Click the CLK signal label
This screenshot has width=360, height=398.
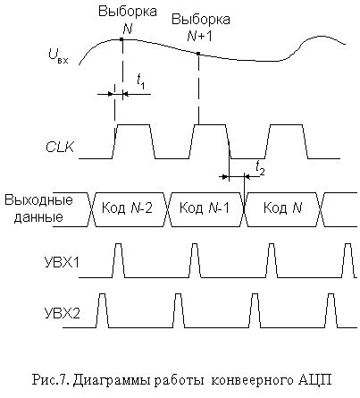pyautogui.click(x=60, y=148)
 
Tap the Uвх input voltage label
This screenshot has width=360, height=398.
pyautogui.click(x=58, y=57)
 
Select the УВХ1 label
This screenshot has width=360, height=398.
pyautogui.click(x=62, y=263)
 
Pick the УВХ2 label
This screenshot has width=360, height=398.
pyautogui.click(x=63, y=313)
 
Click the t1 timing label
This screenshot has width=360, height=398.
pyautogui.click(x=140, y=81)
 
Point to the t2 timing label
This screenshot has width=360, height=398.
pyautogui.click(x=260, y=169)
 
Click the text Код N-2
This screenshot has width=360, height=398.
pyautogui.click(x=127, y=207)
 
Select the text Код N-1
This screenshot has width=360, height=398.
pyautogui.click(x=205, y=207)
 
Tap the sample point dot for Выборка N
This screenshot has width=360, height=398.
pyautogui.click(x=121, y=39)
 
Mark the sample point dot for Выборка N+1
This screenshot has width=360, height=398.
pyautogui.click(x=198, y=54)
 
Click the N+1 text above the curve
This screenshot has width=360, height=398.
pyautogui.click(x=200, y=36)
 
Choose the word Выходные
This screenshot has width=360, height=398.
pyautogui.click(x=38, y=199)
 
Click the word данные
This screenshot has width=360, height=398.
pyautogui.click(x=38, y=217)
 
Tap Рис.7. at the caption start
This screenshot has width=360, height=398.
pyautogui.click(x=51, y=380)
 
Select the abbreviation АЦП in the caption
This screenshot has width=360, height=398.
pyautogui.click(x=314, y=381)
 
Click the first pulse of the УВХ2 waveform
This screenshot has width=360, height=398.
pyautogui.click(x=102, y=310)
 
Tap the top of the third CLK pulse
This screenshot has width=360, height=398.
pyautogui.click(x=286, y=125)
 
